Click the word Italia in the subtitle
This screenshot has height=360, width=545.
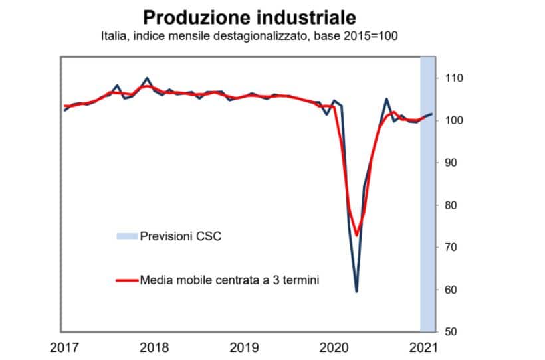click(114, 35)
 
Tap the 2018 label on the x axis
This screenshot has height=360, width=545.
click(154, 347)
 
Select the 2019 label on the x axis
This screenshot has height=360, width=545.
click(247, 347)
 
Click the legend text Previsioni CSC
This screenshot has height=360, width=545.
click(180, 236)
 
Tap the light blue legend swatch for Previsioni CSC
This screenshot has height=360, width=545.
click(126, 236)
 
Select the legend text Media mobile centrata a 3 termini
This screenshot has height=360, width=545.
click(229, 280)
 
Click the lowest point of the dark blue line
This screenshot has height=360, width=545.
click(357, 291)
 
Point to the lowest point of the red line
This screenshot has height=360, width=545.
click(357, 235)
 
